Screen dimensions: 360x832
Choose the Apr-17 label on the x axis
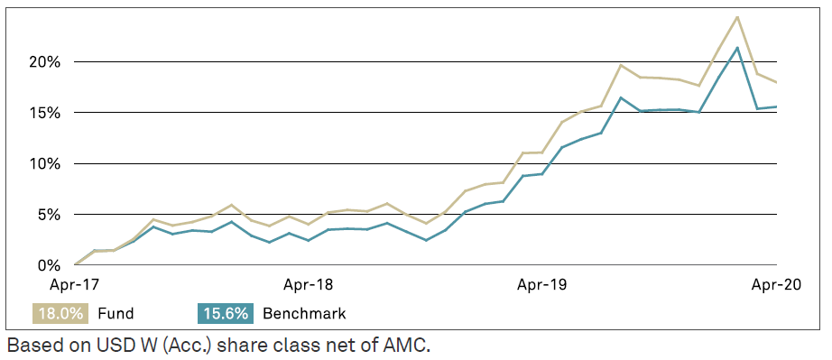coord(75,284)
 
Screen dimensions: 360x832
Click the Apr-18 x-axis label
coord(309,284)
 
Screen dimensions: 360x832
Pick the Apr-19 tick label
coord(542,284)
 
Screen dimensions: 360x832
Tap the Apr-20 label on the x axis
coord(775,284)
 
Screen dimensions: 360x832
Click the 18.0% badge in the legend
coord(60,313)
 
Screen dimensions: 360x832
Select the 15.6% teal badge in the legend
coord(226,313)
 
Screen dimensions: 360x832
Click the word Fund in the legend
coord(116,314)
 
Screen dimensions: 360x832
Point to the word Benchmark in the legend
coord(304,314)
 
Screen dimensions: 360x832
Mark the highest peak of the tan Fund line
coord(737,17)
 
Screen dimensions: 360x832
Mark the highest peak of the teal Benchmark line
coord(738,48)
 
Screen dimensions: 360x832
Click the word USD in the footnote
coord(114,344)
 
